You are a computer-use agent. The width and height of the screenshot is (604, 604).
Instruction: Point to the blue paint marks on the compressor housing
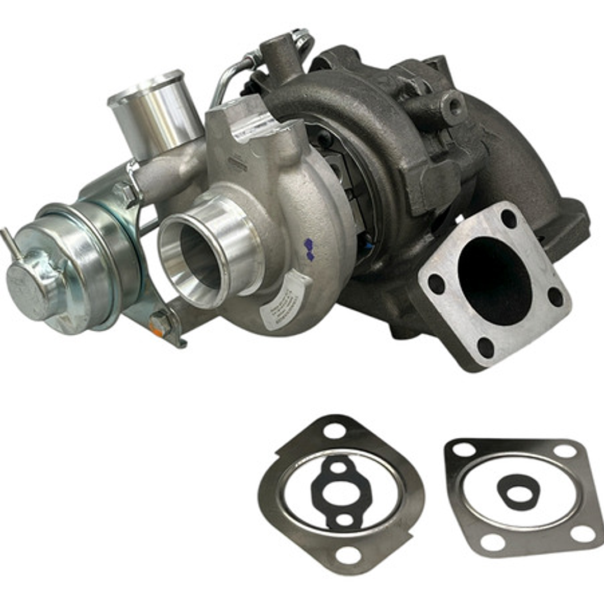(x=308, y=250)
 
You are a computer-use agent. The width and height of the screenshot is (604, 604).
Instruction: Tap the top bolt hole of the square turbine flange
(x=508, y=218)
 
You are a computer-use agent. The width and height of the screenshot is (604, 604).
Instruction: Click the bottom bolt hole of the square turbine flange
(x=485, y=347)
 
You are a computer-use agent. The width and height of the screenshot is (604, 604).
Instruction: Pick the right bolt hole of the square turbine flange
(x=555, y=296)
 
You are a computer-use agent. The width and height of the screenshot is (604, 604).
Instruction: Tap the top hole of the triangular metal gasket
(x=335, y=430)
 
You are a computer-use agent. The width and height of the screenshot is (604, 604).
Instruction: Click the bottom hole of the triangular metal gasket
(x=348, y=554)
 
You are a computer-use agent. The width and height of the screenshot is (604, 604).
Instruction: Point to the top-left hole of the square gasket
(x=463, y=449)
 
